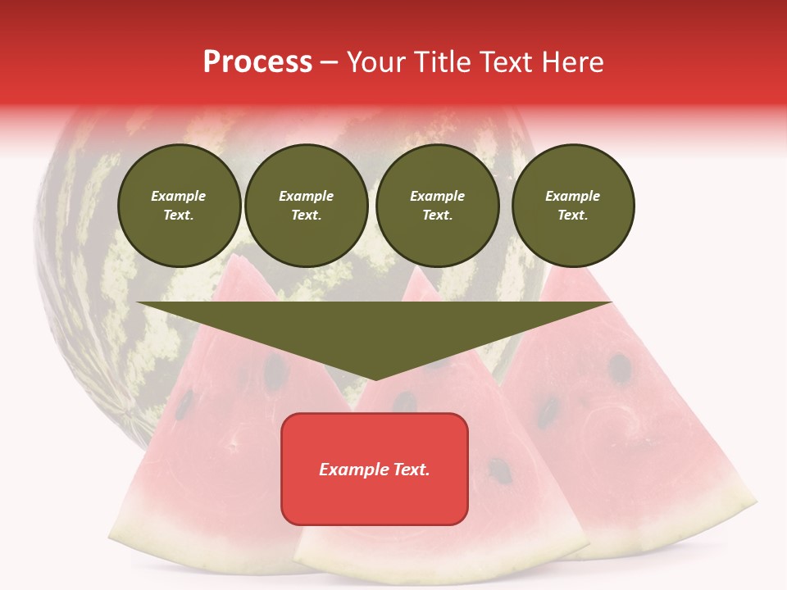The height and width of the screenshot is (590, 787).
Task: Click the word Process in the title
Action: (x=257, y=62)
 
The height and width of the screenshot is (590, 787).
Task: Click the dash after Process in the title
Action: (x=330, y=64)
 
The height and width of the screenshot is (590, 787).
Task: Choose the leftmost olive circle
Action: (x=179, y=206)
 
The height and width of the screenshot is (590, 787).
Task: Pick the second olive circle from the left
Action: (x=307, y=206)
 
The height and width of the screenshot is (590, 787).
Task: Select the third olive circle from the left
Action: (x=437, y=206)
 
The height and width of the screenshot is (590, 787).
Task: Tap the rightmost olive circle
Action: (x=573, y=206)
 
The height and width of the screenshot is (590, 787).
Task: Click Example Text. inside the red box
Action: (x=375, y=470)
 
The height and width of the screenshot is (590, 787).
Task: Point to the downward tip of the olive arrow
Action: (x=375, y=379)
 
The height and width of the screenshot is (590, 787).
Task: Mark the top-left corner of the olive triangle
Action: (x=138, y=302)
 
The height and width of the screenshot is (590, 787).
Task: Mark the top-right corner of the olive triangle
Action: (x=611, y=302)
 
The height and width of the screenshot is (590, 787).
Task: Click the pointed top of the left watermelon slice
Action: (x=239, y=256)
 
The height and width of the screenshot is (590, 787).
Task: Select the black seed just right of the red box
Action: (x=498, y=470)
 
